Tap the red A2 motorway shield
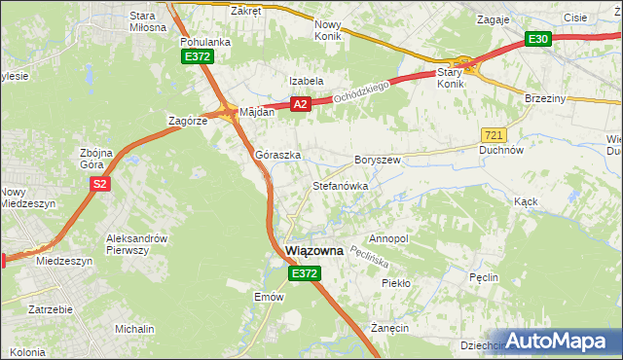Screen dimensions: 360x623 point(300,104)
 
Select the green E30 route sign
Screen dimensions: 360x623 point(538,39)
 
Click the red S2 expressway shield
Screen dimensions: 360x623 point(99,183)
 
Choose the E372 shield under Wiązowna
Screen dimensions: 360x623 point(303,275)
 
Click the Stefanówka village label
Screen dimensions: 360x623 point(340,185)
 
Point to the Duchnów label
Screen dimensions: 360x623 point(502,151)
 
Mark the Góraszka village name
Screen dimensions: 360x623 point(277,155)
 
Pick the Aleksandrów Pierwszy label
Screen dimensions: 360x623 point(137,244)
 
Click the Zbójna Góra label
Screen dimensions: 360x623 point(96,158)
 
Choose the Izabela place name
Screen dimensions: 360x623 point(305,81)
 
